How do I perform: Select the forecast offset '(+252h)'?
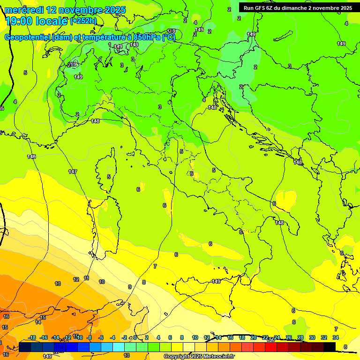(83, 21)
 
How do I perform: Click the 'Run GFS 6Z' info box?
(298, 8)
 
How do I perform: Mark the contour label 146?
(31, 157)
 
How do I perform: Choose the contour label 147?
(72, 172)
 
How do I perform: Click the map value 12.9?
(171, 31)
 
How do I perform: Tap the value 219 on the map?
(72, 65)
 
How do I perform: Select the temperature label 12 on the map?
(76, 279)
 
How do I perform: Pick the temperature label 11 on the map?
(87, 278)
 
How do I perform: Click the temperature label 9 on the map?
(130, 287)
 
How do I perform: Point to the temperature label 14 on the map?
(38, 322)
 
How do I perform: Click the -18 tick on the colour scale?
(32, 338)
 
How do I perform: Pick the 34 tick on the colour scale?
(336, 338)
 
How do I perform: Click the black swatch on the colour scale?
(330, 346)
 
